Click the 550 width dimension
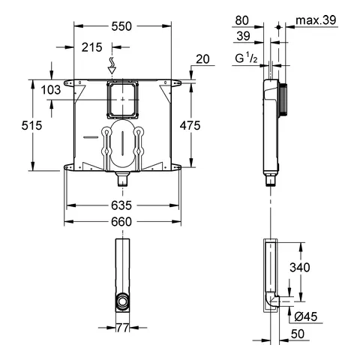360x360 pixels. (x=121, y=25)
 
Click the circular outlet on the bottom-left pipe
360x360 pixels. (x=121, y=303)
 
